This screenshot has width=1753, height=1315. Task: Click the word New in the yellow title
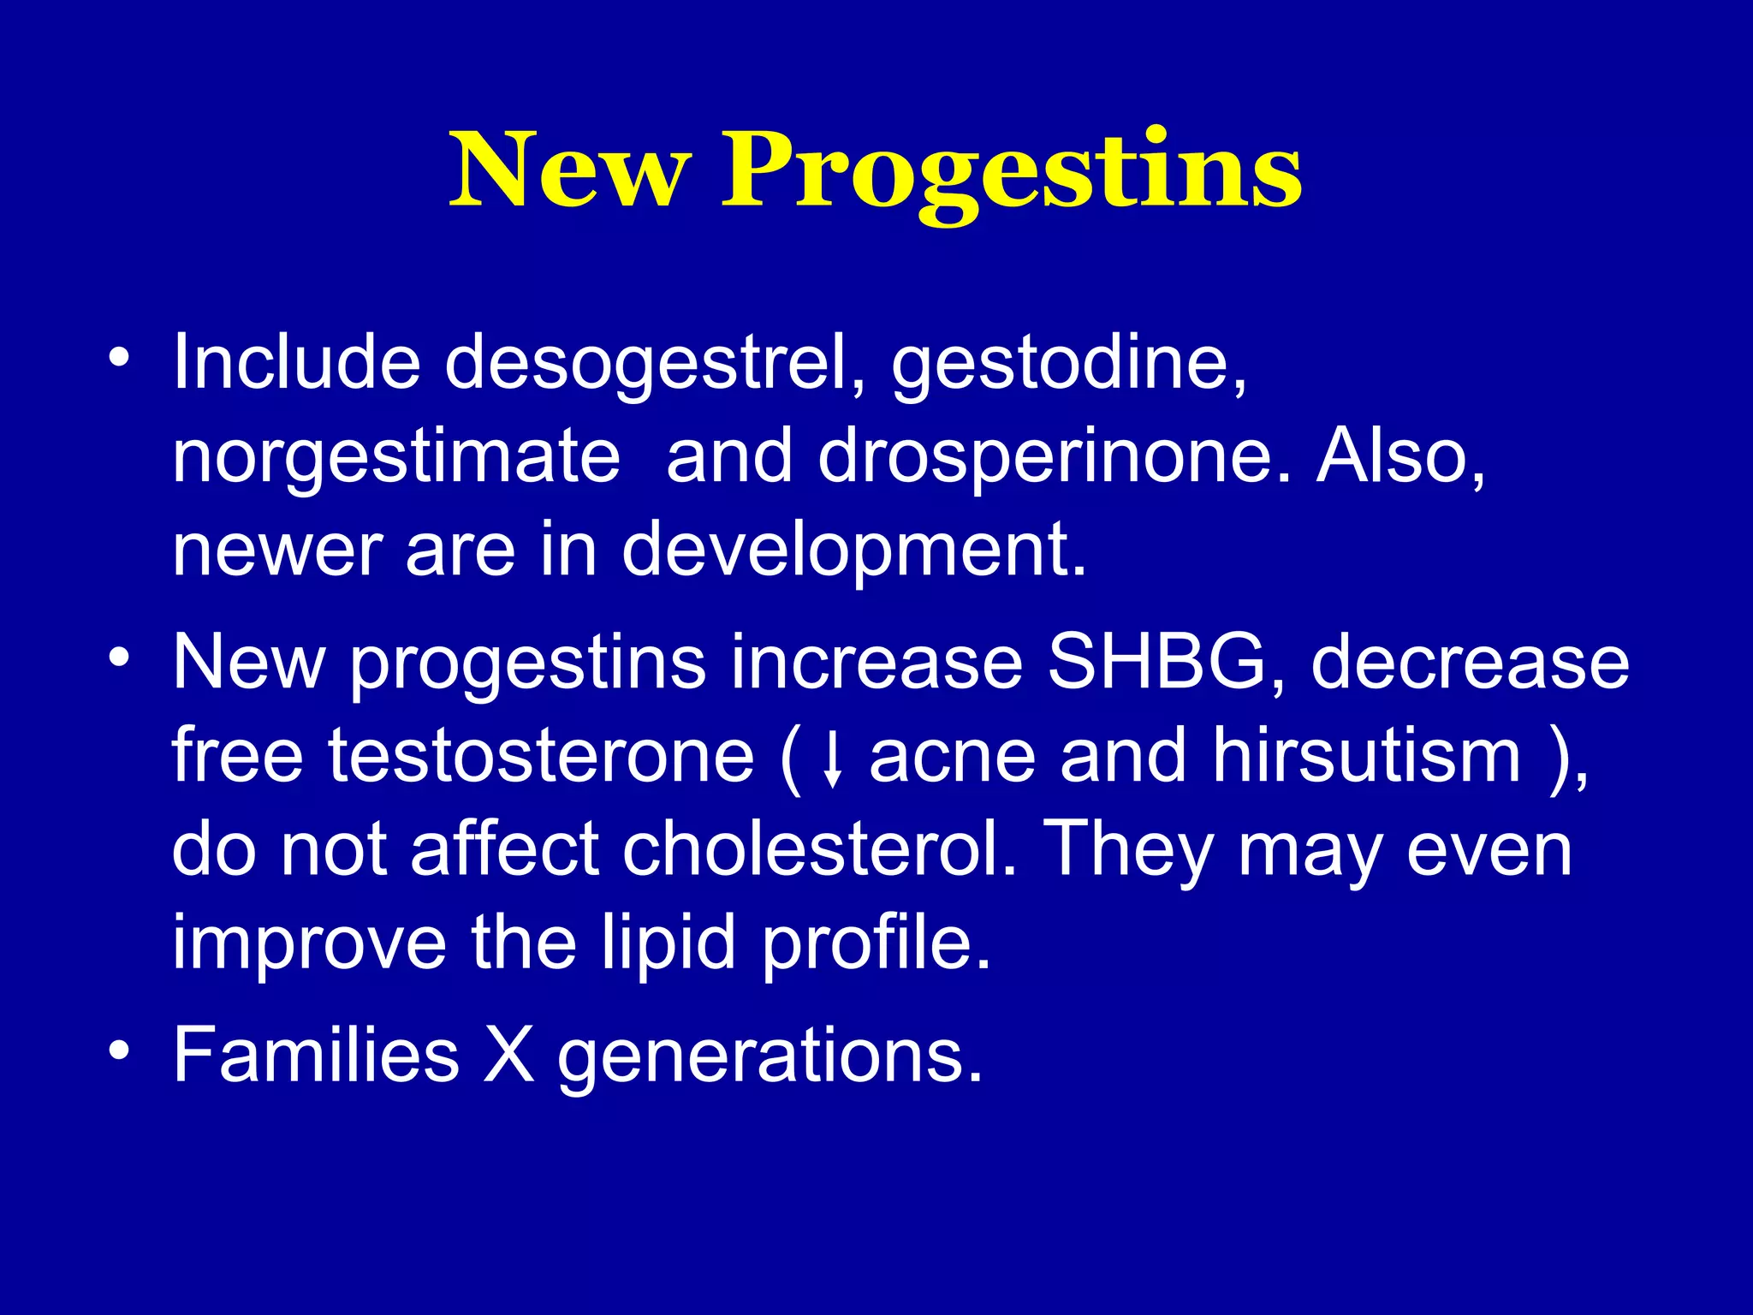[x=569, y=171]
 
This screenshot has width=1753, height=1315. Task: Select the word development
[x=853, y=550]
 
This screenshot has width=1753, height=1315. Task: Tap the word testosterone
[x=541, y=755]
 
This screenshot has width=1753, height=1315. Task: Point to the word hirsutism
[x=1367, y=755]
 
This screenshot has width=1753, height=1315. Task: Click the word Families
[x=316, y=1055]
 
